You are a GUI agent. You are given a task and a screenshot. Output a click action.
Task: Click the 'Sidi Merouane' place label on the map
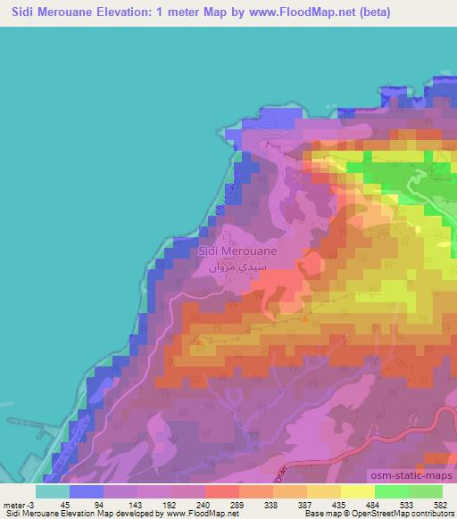point(237,251)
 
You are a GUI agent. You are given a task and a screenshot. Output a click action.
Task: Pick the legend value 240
point(204,504)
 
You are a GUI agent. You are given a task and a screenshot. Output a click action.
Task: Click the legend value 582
point(441,504)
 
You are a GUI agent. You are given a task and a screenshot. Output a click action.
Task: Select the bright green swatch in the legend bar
point(391,491)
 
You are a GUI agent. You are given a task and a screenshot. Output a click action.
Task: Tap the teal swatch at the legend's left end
point(53,491)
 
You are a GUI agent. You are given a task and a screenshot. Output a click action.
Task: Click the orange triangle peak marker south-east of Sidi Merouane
point(306,317)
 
